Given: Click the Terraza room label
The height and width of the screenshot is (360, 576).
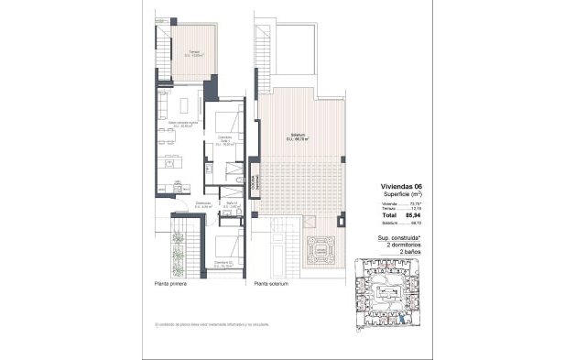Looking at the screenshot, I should (194, 53).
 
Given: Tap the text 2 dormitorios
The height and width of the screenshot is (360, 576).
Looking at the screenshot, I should (408, 243).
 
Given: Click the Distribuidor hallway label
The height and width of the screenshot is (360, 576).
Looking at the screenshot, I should (204, 206).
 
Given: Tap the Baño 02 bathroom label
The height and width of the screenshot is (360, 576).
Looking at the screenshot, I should (234, 206).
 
